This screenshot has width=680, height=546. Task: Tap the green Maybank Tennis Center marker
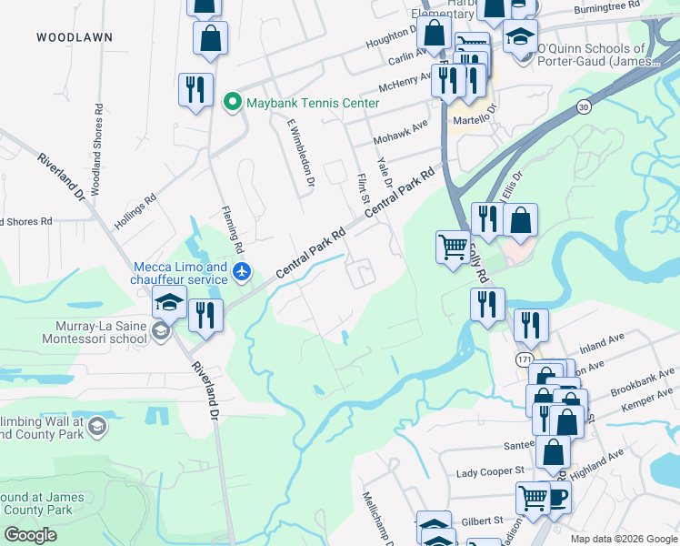232,102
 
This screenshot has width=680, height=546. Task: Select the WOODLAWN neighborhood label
75,37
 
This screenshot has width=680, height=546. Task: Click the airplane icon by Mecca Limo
241,270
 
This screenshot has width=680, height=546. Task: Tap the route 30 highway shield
582,107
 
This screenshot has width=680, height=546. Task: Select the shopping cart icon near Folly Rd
453,246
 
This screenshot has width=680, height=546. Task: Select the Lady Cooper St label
490,470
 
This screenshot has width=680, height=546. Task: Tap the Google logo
30,534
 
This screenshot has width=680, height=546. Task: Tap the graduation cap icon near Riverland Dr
169,302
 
